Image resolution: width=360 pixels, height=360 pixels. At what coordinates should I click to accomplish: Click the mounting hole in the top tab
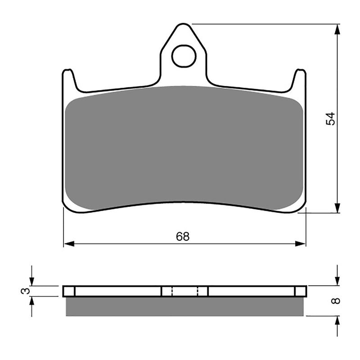pyautogui.click(x=184, y=56)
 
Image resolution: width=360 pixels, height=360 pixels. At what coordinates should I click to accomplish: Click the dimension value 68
pyautogui.click(x=183, y=237)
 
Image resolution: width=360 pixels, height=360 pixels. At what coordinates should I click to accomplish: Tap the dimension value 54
pyautogui.click(x=331, y=118)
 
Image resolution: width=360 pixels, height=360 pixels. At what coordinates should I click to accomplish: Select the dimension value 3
pyautogui.click(x=27, y=291)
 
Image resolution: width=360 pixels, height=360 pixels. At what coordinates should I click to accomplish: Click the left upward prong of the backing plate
pyautogui.click(x=68, y=79)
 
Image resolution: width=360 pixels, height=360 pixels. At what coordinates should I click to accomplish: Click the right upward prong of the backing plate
pyautogui.click(x=300, y=79)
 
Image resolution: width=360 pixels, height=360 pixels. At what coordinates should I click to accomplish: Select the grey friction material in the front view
pyautogui.click(x=184, y=148)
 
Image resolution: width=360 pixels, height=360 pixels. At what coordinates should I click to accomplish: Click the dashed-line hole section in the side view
pyautogui.click(x=184, y=291)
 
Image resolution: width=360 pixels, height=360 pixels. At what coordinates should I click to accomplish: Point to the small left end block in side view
pyautogui.click(x=69, y=291)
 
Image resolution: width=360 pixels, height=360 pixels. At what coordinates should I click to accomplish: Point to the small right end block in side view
pyautogui.click(x=300, y=291)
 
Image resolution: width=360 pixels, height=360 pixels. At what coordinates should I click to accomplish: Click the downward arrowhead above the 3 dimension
pyautogui.click(x=31, y=281)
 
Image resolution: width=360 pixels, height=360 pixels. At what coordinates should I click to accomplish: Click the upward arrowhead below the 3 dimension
pyautogui.click(x=31, y=301)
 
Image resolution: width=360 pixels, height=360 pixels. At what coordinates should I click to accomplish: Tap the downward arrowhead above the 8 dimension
pyautogui.click(x=337, y=281)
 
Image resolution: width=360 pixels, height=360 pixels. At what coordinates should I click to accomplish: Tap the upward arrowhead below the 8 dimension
pyautogui.click(x=337, y=321)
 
